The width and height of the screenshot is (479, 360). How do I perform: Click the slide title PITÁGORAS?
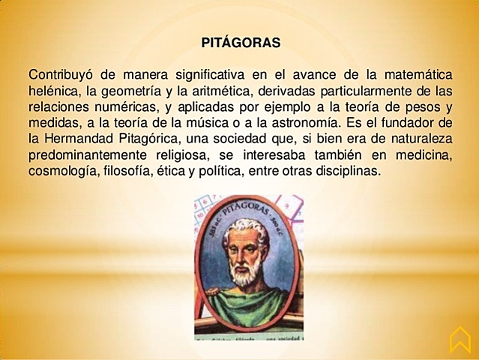241,43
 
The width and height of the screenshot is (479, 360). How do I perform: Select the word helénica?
53,91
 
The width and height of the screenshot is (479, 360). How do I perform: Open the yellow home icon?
459,340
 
